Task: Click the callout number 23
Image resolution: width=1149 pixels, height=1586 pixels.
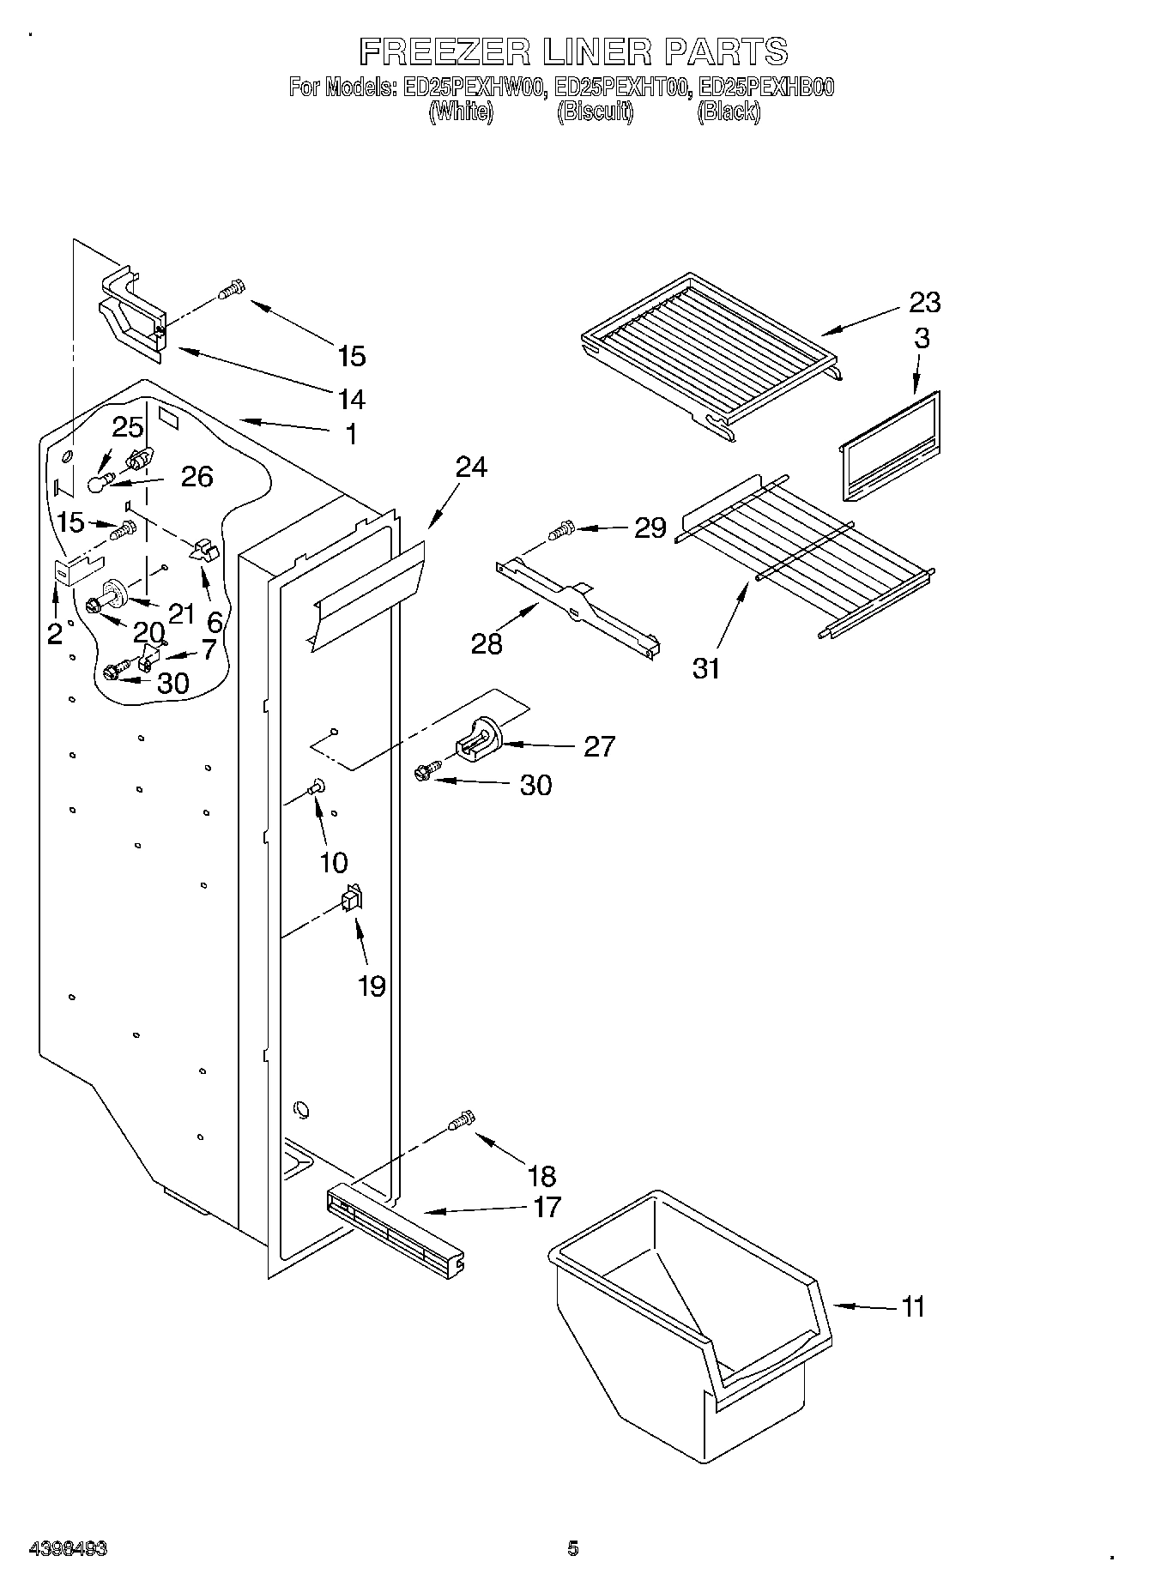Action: (924, 303)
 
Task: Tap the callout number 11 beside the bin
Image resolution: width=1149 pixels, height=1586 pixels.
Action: (913, 1307)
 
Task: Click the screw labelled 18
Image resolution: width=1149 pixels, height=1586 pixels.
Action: (461, 1120)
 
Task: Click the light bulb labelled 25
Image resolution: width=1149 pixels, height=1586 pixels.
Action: (100, 483)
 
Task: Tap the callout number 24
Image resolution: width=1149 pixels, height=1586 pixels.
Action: (470, 467)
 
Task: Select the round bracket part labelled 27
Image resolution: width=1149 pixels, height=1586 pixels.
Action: (478, 739)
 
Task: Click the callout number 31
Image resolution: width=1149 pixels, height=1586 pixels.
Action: (706, 667)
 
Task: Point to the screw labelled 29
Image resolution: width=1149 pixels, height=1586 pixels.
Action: (562, 530)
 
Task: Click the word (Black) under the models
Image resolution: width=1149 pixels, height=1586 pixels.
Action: (728, 112)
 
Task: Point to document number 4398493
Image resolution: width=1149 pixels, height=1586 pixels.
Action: (68, 1548)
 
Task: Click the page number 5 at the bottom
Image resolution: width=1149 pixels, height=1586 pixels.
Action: (573, 1548)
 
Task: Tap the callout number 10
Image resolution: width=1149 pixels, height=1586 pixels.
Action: (334, 862)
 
